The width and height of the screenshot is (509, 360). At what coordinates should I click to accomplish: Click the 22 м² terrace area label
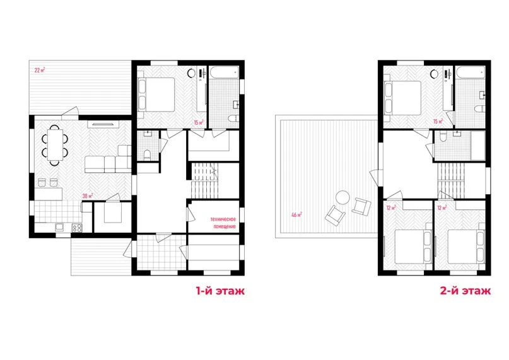coord(40,70)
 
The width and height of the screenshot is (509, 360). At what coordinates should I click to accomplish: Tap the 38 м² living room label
coord(88,195)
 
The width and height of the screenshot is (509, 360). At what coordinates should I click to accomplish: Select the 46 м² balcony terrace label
coord(296,215)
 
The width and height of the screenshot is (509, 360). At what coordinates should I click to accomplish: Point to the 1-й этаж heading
coord(220,291)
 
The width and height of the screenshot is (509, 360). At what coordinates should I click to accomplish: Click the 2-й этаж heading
coord(465,291)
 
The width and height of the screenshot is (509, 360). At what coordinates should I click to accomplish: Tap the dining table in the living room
coord(55,144)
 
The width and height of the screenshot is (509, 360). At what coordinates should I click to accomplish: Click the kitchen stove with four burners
coord(77,228)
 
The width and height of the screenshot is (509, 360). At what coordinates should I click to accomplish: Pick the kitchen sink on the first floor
coord(59,226)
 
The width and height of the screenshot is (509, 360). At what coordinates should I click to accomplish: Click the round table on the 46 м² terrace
coord(342,197)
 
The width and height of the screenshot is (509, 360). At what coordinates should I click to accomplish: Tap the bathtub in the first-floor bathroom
coord(224,72)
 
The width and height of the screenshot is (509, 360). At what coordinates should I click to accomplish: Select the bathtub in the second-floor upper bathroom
coord(470,72)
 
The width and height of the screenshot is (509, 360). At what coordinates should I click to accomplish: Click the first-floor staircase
coord(204,181)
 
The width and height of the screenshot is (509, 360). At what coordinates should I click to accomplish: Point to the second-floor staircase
coord(451,181)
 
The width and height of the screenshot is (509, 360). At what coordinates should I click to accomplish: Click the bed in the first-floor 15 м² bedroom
coord(156,95)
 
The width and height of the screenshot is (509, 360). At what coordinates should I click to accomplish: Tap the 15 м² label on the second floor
coord(438,122)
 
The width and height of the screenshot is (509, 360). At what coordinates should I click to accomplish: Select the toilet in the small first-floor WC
coord(147,154)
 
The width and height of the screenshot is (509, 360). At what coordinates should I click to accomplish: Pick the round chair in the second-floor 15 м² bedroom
coord(435,74)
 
